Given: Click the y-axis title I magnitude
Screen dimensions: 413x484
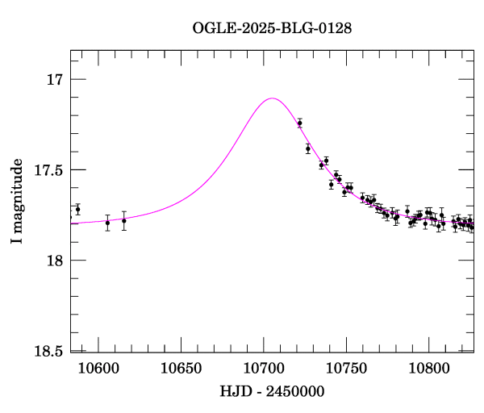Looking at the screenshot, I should [17, 201].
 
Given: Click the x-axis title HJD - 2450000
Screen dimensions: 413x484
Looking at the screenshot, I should [272, 391].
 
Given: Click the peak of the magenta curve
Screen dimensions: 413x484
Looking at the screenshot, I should [272, 98].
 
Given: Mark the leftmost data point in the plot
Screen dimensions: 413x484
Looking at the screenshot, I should [77, 209].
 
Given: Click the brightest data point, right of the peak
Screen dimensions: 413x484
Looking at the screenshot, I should [299, 123].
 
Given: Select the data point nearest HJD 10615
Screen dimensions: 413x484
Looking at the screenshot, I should [124, 220].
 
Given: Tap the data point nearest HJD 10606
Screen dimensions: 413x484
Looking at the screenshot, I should [107, 222].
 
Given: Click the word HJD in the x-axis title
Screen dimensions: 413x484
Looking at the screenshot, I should [234, 391].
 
